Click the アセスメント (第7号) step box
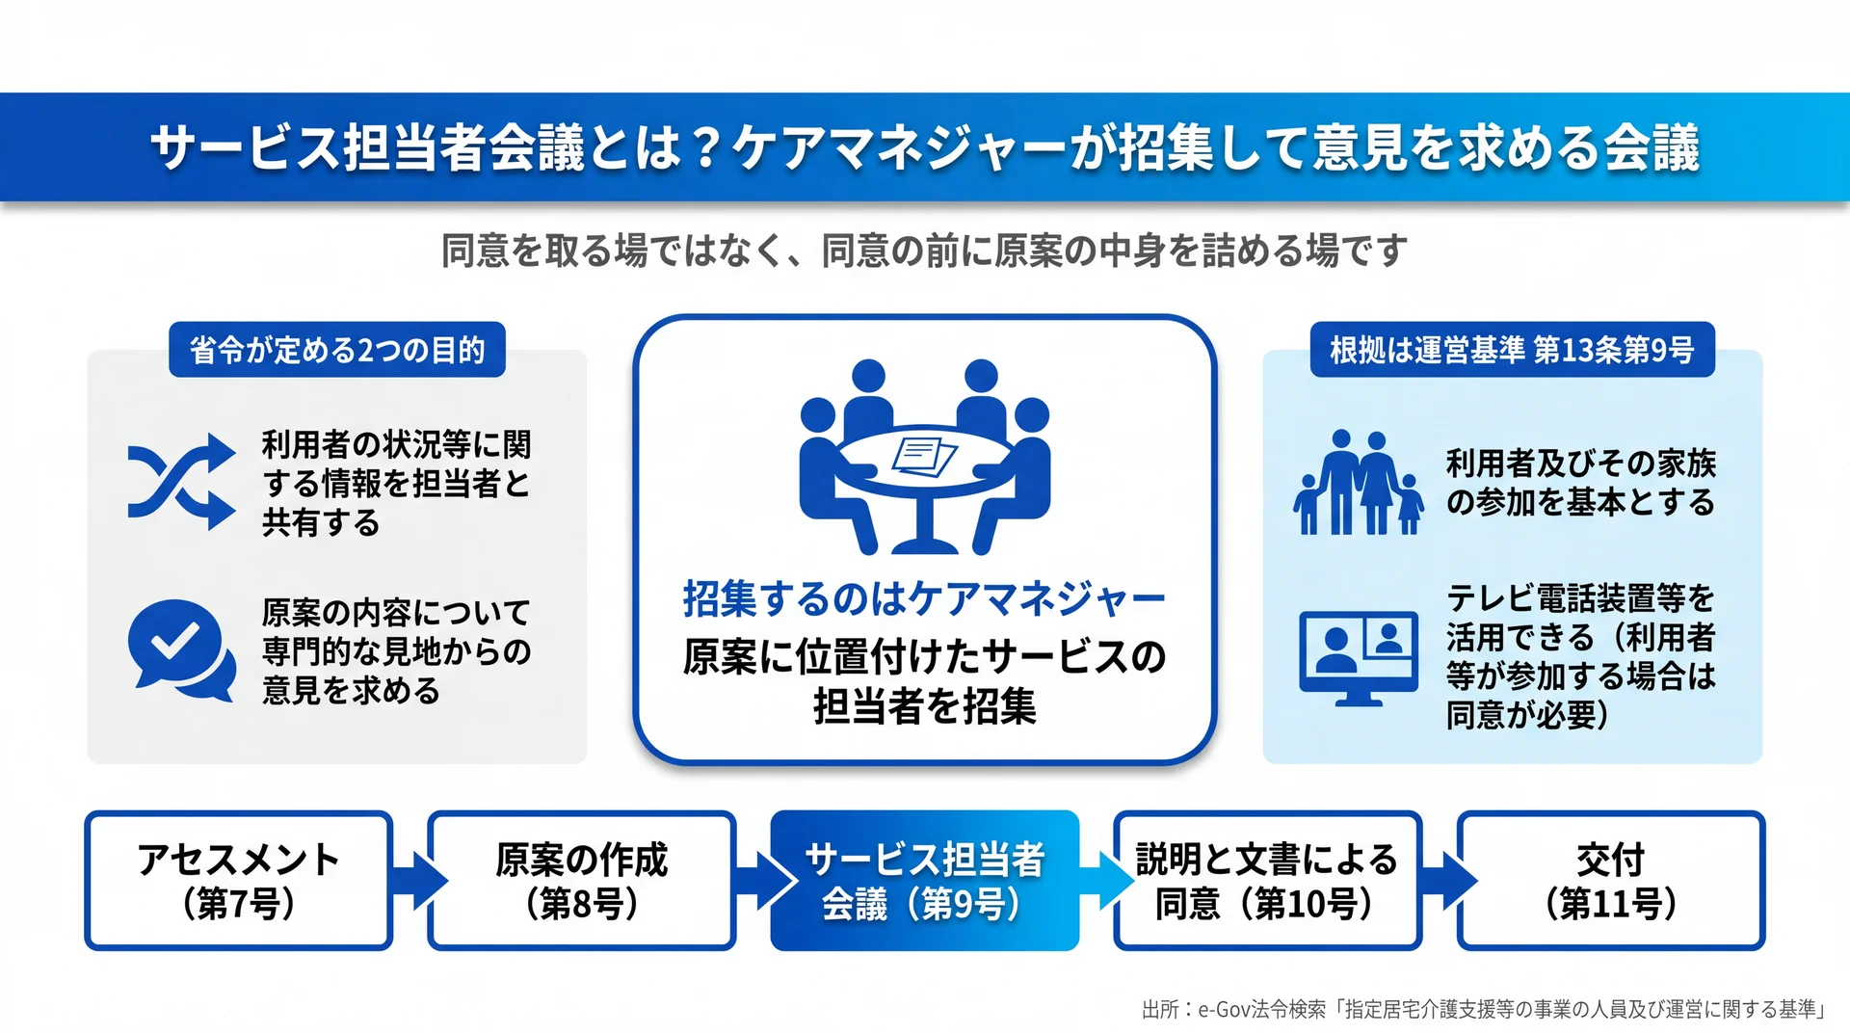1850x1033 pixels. [239, 881]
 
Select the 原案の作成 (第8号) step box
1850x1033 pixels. [582, 881]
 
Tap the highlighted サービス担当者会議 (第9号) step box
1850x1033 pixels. [925, 881]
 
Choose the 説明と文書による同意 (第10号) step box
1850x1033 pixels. [1268, 881]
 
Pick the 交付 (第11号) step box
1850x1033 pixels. [1611, 881]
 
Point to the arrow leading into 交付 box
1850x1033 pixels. [1448, 881]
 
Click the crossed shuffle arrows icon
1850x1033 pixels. [181, 482]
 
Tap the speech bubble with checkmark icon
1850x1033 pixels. [181, 650]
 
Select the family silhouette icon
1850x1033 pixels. [1359, 482]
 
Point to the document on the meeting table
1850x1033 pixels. [924, 457]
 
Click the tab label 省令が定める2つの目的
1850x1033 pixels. [337, 350]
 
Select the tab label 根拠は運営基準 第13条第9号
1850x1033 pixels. [1512, 350]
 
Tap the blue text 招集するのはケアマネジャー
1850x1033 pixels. [924, 599]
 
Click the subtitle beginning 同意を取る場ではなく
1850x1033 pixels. [924, 251]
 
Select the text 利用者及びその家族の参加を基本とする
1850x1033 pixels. [1581, 483]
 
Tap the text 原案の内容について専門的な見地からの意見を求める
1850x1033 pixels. [396, 651]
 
